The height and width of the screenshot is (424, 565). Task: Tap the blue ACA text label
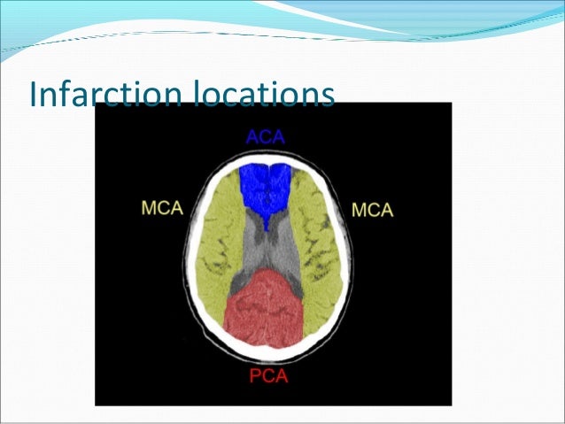tap(267, 137)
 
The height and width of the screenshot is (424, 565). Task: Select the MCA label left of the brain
tap(163, 209)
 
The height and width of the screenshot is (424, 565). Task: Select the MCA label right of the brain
tap(373, 210)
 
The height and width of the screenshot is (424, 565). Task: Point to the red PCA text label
tap(267, 378)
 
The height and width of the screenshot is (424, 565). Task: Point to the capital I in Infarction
tap(33, 94)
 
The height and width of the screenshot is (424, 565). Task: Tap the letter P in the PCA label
tap(253, 378)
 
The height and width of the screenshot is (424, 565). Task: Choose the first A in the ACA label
tap(253, 137)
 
